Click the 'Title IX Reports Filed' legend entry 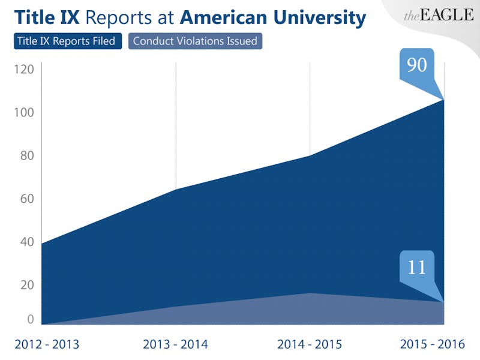tap(67, 41)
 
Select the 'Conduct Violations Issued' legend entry tap(195, 41)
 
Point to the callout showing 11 tap(417, 266)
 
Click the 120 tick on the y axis tap(24, 70)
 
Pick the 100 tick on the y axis tap(24, 113)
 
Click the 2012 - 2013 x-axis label tap(46, 344)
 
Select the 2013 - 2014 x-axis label tap(175, 344)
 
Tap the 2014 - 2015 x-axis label tap(309, 344)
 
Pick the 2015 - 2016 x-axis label tap(433, 344)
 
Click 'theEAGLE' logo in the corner tap(439, 16)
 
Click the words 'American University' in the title tap(272, 18)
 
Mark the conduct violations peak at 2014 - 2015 tap(310, 293)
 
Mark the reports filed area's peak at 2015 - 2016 tap(443, 100)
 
